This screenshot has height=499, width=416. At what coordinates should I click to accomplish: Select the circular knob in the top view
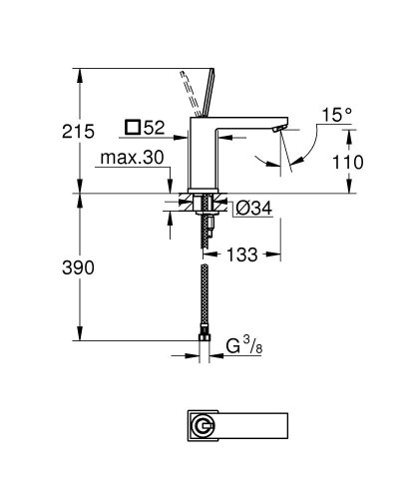(206, 424)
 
